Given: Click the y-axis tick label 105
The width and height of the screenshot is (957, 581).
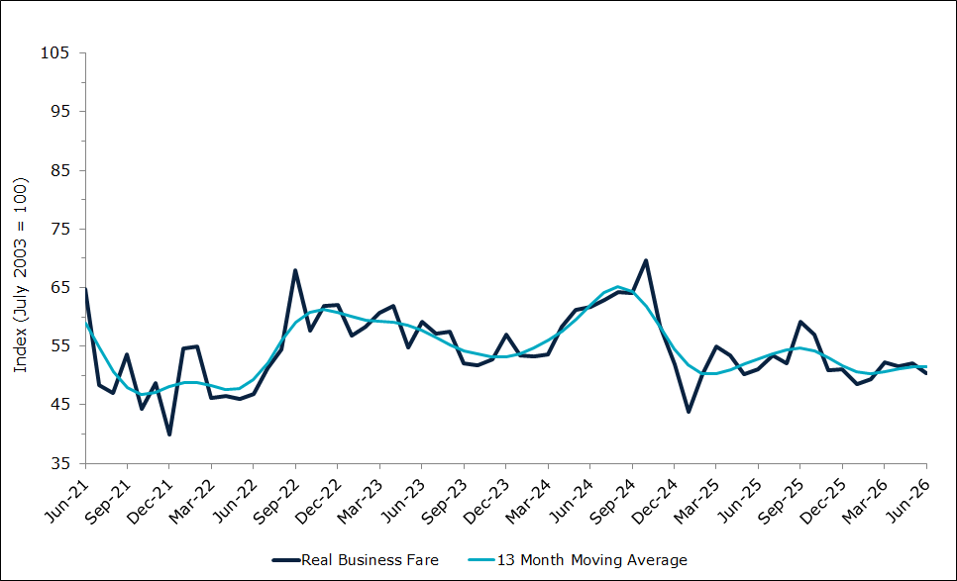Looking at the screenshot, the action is click(x=54, y=53).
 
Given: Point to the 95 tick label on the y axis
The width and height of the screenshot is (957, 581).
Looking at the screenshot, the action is click(x=59, y=112).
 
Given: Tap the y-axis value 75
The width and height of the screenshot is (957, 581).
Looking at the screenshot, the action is click(x=59, y=230).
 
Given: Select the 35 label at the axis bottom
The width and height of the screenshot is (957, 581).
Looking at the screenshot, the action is click(x=59, y=464).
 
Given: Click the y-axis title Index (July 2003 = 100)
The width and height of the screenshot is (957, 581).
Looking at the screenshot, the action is click(x=21, y=275).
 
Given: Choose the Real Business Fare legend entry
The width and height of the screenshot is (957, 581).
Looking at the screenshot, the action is click(x=356, y=560).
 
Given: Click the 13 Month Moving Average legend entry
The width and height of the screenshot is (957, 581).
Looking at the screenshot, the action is click(x=578, y=560).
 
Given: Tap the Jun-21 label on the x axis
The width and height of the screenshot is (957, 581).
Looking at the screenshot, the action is click(x=67, y=501).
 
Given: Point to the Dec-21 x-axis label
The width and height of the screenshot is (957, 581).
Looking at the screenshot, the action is click(x=151, y=501).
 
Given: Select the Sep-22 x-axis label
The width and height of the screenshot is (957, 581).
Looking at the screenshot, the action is click(x=276, y=501).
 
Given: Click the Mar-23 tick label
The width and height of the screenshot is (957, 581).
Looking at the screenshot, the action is click(x=361, y=501).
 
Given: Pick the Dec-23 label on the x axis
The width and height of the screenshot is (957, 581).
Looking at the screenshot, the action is click(x=486, y=501).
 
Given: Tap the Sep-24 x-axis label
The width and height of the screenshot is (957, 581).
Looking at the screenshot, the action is click(x=613, y=501).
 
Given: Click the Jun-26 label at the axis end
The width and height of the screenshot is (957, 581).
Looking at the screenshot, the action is click(x=908, y=501).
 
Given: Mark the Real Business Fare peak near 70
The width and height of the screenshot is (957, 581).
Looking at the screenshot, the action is click(x=646, y=260).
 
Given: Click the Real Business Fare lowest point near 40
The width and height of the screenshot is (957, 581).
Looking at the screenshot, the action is click(x=169, y=435).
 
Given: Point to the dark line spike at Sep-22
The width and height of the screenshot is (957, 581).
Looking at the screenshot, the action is click(x=295, y=270).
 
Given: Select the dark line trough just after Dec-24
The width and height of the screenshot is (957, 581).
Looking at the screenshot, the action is click(x=689, y=412).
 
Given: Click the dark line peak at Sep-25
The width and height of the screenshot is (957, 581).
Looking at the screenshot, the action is click(x=800, y=322).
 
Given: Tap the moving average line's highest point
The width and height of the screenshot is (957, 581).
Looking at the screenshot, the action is click(x=617, y=286).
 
